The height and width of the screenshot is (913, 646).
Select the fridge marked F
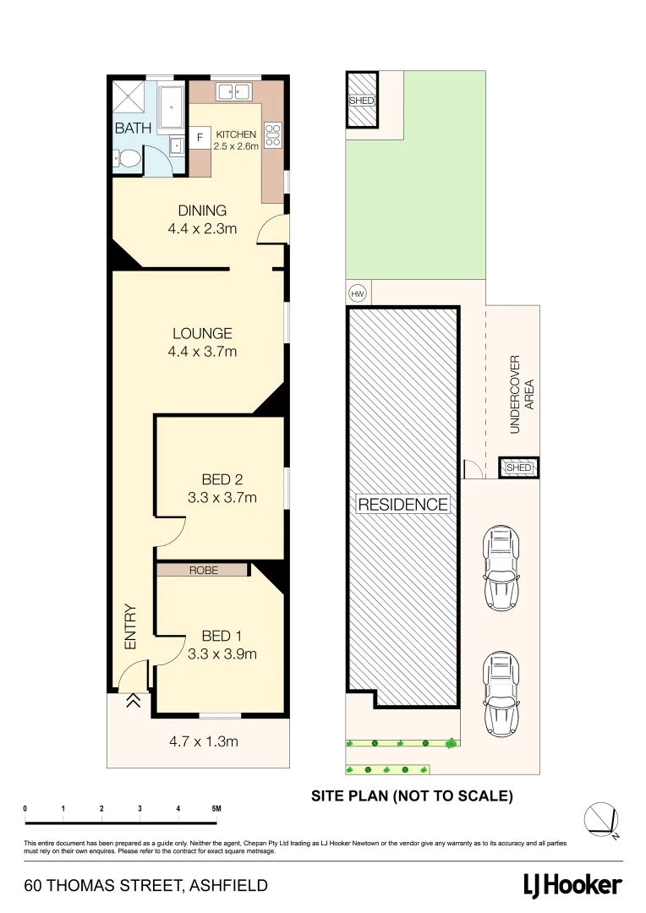(200, 136)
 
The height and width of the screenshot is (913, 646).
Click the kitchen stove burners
(273, 134)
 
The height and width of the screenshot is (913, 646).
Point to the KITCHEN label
(236, 134)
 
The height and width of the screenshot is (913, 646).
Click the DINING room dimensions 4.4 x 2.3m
(201, 228)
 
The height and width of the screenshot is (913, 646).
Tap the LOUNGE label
(201, 333)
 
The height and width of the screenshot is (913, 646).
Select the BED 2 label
(222, 479)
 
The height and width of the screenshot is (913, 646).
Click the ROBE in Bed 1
(203, 571)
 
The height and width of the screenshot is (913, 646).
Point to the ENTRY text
(130, 626)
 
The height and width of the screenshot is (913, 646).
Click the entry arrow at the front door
(132, 700)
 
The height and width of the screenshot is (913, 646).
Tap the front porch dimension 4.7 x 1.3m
(203, 742)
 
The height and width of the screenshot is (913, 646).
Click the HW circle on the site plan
(357, 293)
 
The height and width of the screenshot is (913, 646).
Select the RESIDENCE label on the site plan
(402, 505)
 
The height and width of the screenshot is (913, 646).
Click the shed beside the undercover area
(517, 468)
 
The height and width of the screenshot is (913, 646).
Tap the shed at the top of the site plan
(361, 100)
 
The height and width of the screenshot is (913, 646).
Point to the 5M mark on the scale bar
(216, 809)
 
